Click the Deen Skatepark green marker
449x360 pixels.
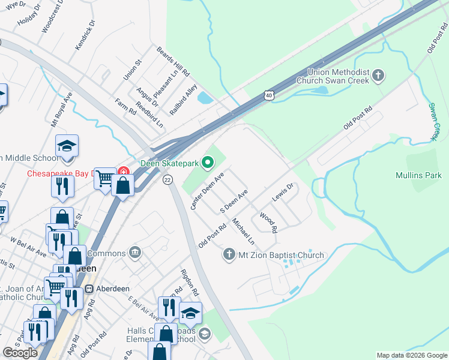pyautogui.click(x=208, y=162)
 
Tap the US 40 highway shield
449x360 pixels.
pyautogui.click(x=268, y=94)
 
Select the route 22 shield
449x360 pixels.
pyautogui.click(x=167, y=180)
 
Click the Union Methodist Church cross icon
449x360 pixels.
pyautogui.click(x=378, y=76)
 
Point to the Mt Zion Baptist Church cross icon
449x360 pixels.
pyautogui.click(x=228, y=255)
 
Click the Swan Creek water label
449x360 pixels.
pyautogui.click(x=434, y=122)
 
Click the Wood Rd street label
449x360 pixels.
pyautogui.click(x=268, y=222)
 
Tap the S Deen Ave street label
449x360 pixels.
pyautogui.click(x=234, y=203)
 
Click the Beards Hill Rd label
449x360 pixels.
pyautogui.click(x=173, y=62)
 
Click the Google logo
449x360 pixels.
pyautogui.click(x=20, y=353)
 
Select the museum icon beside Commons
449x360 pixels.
pyautogui.click(x=135, y=252)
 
